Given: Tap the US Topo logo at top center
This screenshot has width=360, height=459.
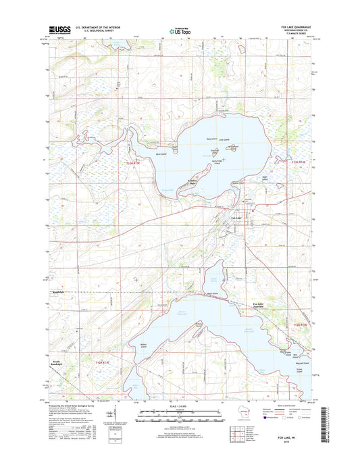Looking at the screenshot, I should coord(179,30).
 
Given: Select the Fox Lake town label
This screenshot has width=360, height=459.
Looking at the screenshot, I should coord(237,218).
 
